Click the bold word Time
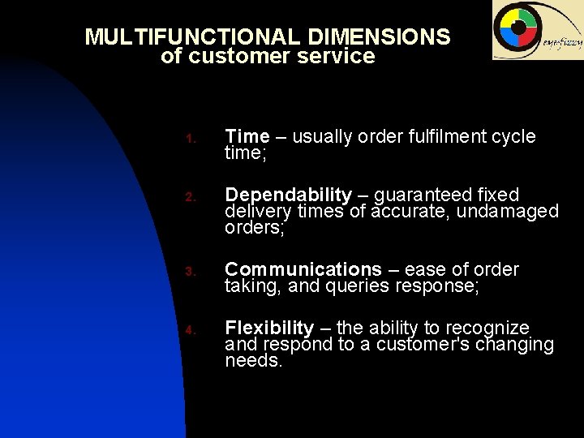tap(247, 136)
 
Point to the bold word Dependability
tap(288, 195)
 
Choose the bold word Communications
tap(303, 269)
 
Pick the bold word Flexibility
tap(269, 328)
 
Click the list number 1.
tap(188, 139)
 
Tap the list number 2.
tap(188, 197)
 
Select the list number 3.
tap(188, 272)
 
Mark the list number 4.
tap(188, 330)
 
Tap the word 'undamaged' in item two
tap(509, 212)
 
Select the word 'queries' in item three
tap(358, 286)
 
